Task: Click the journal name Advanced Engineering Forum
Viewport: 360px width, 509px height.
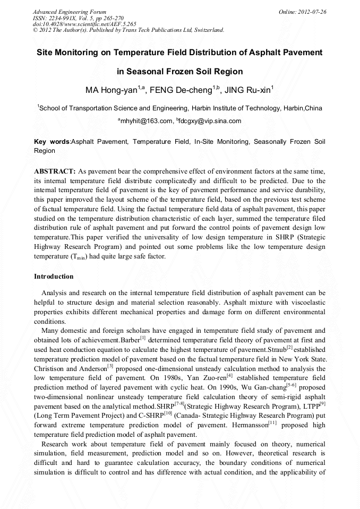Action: point(69,12)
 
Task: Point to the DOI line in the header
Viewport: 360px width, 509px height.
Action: point(84,24)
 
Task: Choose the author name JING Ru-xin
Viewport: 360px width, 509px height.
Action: point(248,90)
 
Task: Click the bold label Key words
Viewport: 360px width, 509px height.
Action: point(52,142)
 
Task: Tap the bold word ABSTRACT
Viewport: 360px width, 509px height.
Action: point(55,171)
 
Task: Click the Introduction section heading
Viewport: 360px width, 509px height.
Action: point(54,277)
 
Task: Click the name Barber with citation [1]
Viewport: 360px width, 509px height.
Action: point(135,340)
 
